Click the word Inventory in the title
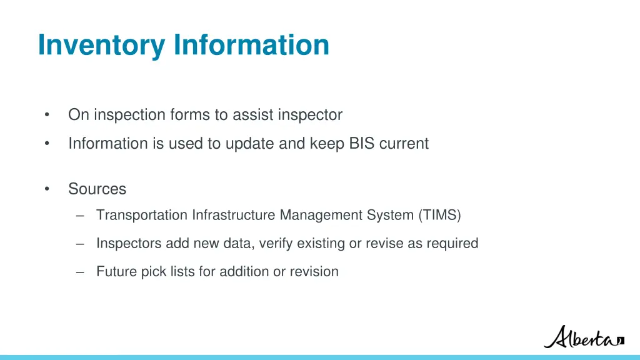[x=102, y=45]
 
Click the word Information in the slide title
[x=251, y=45]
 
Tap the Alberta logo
[x=584, y=337]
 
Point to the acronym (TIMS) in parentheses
[x=439, y=216]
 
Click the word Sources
[x=97, y=189]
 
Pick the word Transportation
[x=142, y=216]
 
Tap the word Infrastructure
[x=234, y=216]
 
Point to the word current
[x=404, y=144]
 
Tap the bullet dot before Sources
[x=47, y=189]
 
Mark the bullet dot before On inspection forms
[x=47, y=115]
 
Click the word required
[x=452, y=244]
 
